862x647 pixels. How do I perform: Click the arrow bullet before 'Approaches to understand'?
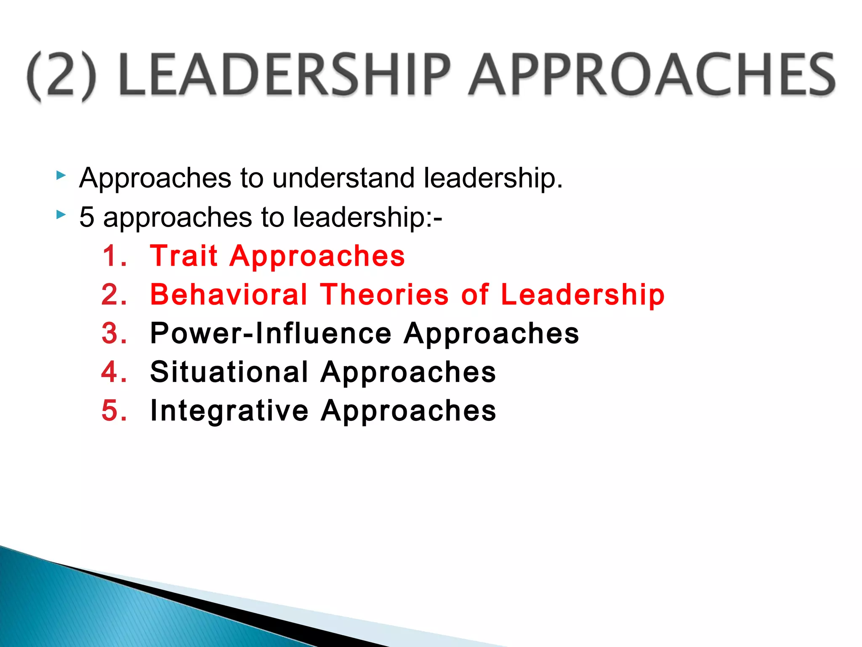pos(61,175)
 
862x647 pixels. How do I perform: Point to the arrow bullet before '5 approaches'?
pos(61,215)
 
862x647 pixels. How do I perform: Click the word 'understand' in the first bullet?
pos(343,178)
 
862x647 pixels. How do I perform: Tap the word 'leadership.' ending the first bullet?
pos(493,178)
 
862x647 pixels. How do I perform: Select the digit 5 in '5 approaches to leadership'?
pos(86,217)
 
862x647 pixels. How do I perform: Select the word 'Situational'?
pos(229,372)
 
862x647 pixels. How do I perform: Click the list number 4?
pos(113,372)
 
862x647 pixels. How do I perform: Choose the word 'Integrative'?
pos(229,411)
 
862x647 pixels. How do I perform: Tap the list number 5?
pos(113,410)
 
